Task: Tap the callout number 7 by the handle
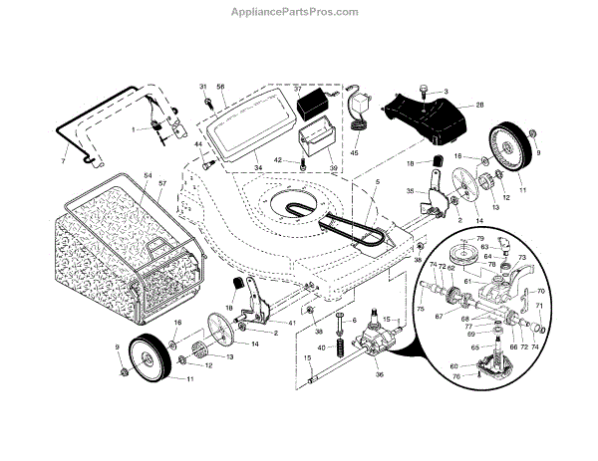(x=62, y=161)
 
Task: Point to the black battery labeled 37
(x=316, y=103)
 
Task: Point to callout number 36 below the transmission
(x=380, y=374)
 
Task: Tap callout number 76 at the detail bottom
(x=456, y=376)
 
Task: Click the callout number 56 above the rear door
(x=222, y=89)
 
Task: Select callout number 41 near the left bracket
(x=291, y=325)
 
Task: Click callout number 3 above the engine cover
(x=446, y=92)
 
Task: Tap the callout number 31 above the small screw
(x=203, y=88)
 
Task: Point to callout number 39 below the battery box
(x=332, y=169)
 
